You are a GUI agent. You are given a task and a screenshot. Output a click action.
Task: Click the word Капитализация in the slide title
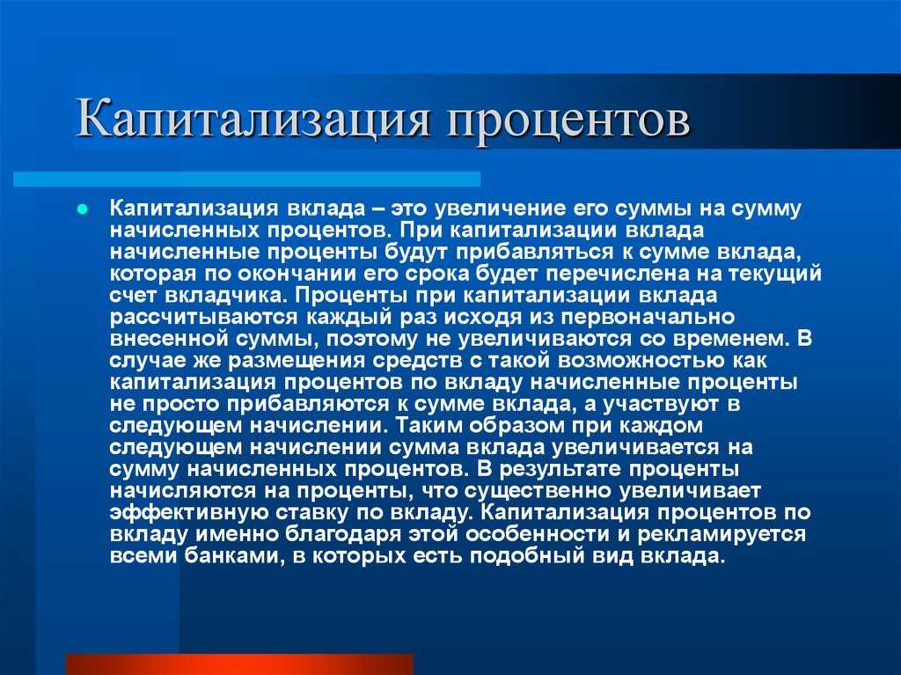click(x=253, y=120)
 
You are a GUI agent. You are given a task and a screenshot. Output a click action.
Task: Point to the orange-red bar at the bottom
click(x=239, y=664)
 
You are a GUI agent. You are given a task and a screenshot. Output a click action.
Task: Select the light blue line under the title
click(x=247, y=179)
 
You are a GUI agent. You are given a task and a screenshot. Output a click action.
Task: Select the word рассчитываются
click(x=203, y=318)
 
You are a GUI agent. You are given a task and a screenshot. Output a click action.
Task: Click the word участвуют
click(x=661, y=404)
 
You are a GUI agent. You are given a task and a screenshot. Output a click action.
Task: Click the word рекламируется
click(x=722, y=535)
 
